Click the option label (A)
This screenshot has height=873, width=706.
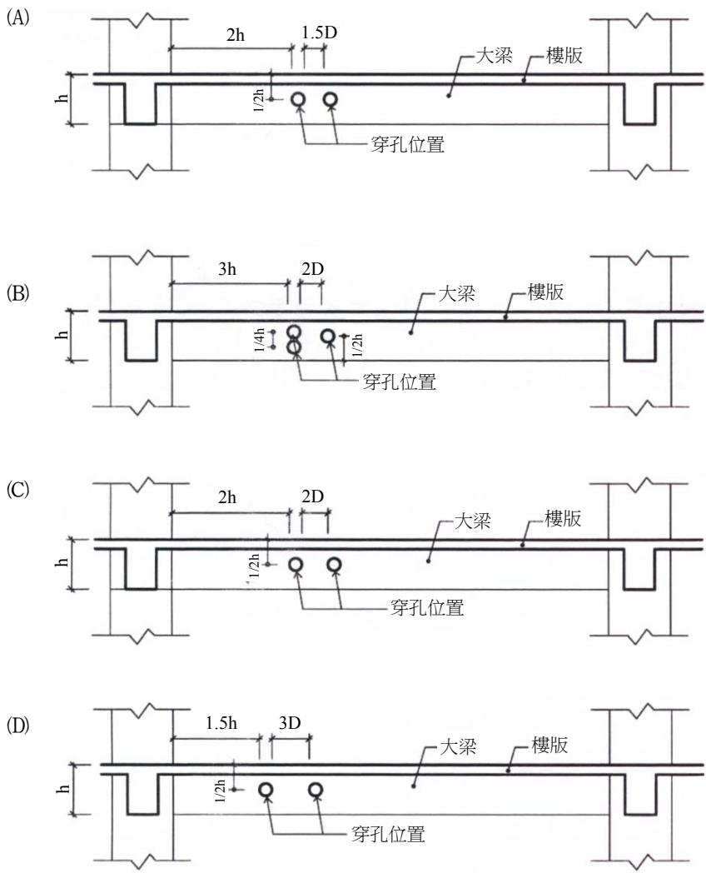(17, 17)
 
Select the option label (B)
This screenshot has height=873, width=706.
(17, 293)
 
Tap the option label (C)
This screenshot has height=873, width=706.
(17, 490)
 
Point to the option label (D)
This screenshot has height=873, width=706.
(17, 726)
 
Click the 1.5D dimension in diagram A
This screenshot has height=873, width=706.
(320, 32)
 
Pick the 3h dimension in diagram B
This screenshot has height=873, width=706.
(227, 269)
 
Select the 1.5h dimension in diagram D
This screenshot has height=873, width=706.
(221, 723)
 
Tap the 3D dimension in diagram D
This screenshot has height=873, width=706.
(289, 723)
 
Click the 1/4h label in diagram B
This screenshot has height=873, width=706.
(259, 340)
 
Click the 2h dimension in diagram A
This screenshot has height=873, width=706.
(236, 35)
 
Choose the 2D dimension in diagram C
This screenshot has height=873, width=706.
(312, 496)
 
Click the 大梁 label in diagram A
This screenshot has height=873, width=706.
(494, 55)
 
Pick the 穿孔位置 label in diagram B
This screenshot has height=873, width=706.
(399, 382)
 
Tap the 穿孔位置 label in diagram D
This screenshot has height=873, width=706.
(388, 834)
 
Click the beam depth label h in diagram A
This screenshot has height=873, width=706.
(62, 98)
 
